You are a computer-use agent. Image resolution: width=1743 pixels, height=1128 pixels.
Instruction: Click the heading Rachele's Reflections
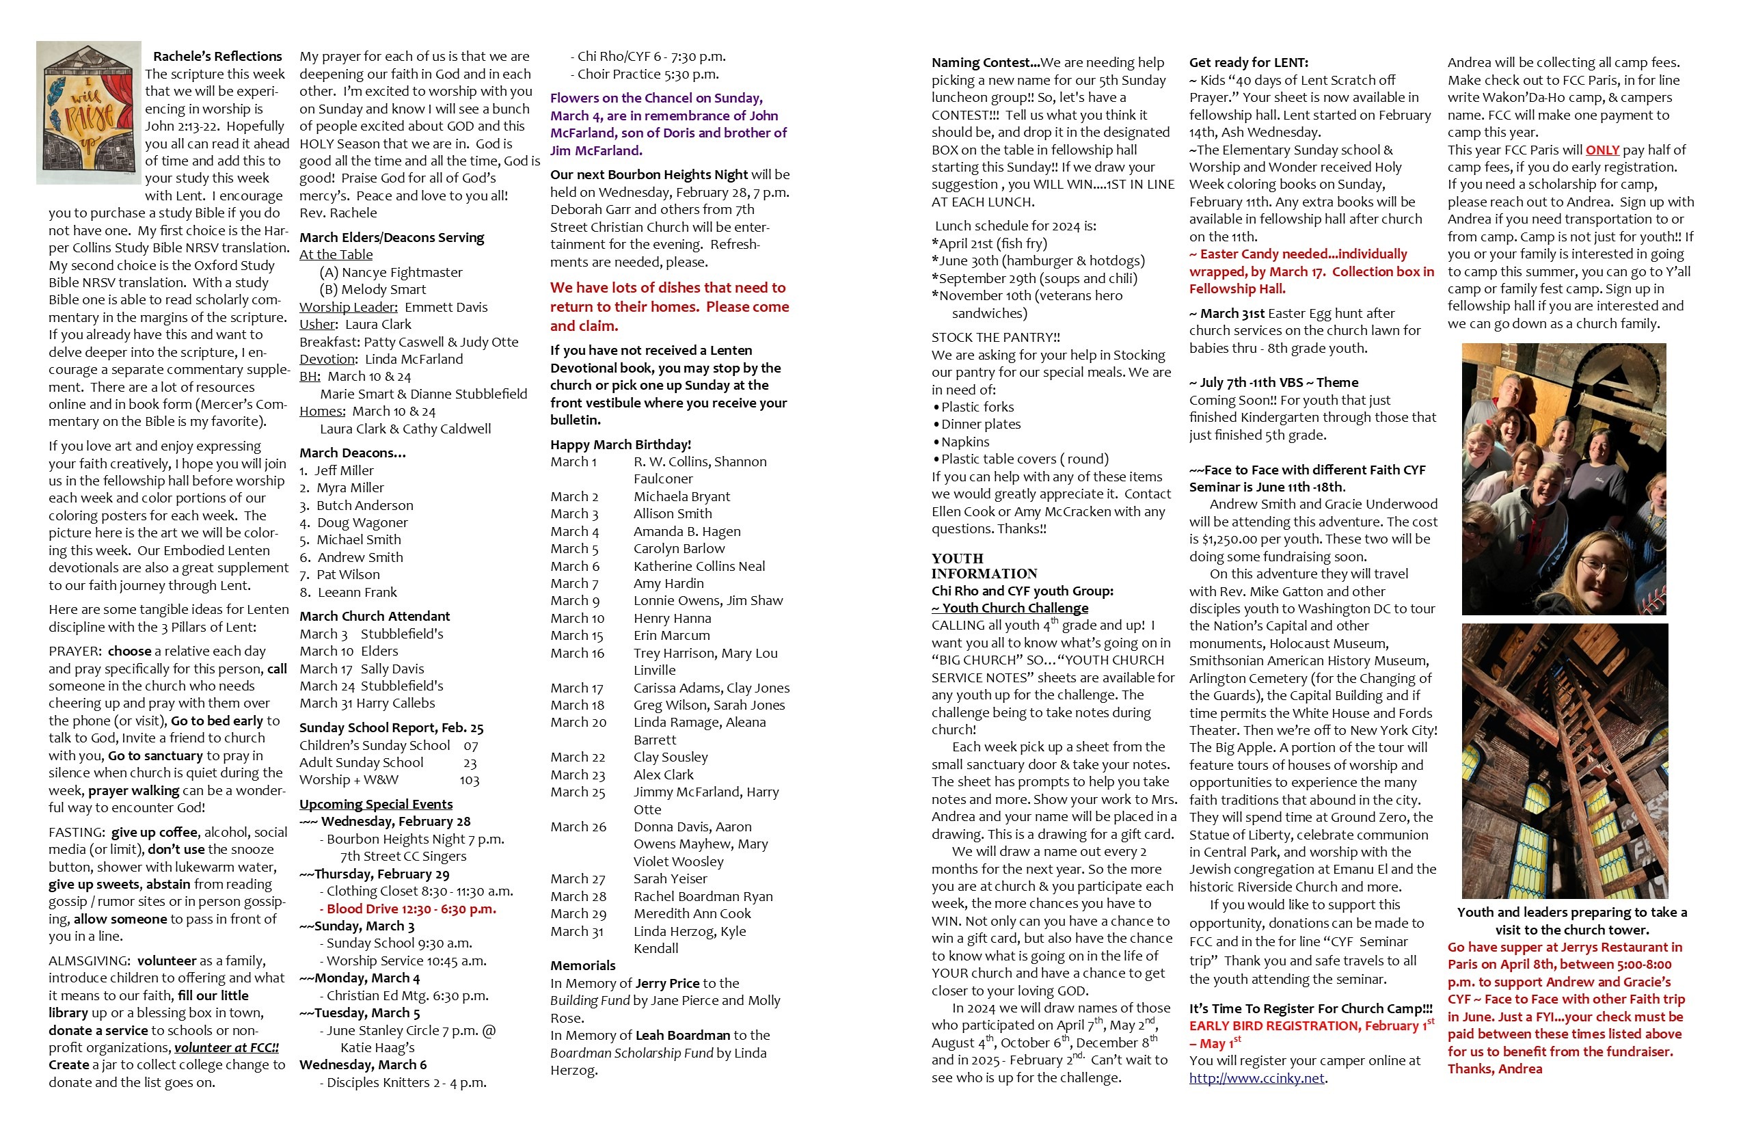(x=217, y=56)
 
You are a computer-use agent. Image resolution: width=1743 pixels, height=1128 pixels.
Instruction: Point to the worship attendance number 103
(x=470, y=781)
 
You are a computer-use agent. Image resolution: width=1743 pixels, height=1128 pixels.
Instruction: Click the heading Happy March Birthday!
(x=621, y=444)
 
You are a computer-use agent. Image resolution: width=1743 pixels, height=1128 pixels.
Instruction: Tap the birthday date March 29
(x=578, y=914)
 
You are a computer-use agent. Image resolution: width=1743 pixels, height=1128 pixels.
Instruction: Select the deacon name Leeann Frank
(x=357, y=593)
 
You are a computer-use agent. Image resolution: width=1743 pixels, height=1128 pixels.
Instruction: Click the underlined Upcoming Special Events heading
(x=376, y=804)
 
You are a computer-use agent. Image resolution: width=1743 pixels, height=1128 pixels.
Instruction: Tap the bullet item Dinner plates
(x=981, y=425)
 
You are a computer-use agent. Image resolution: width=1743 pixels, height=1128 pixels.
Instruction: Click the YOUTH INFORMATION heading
(x=984, y=566)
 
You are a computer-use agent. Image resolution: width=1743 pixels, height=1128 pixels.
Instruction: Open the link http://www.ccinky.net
(x=1257, y=1078)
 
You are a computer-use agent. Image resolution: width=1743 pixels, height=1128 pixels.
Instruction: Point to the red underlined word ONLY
(x=1602, y=150)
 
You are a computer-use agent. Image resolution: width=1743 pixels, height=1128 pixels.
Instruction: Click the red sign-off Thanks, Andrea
(x=1494, y=1069)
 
